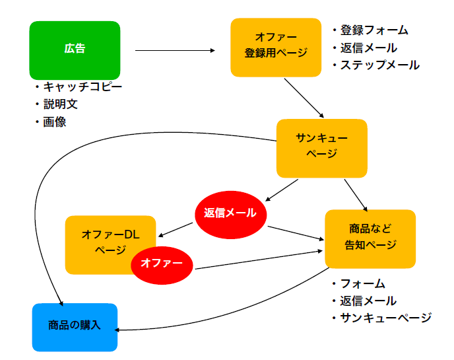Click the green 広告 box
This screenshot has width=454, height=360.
(75, 50)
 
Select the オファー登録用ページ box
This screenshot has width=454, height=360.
(276, 48)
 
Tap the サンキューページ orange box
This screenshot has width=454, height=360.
(321, 148)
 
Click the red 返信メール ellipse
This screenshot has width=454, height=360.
(230, 215)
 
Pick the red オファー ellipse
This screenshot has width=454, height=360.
(162, 266)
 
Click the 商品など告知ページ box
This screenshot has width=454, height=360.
(370, 239)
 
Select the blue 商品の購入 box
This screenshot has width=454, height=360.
(75, 327)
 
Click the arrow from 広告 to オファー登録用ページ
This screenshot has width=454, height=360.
(175, 50)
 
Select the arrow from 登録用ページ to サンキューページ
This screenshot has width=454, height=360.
(304, 98)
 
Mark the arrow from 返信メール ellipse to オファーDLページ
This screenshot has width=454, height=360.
(176, 230)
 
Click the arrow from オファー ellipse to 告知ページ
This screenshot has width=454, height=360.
(259, 260)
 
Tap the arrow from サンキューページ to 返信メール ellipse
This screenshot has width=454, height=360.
(281, 190)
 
